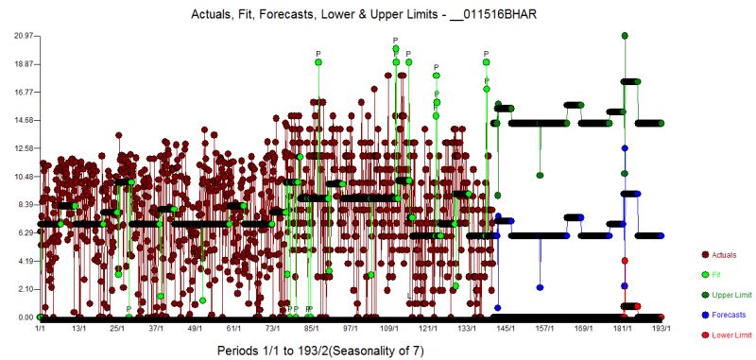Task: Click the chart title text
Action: (x=377, y=13)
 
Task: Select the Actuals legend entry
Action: (x=723, y=255)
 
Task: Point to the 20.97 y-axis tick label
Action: (x=24, y=36)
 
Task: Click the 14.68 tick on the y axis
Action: (x=24, y=120)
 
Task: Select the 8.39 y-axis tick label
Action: (x=24, y=205)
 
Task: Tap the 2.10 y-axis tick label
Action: (x=24, y=289)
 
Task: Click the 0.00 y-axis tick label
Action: (x=24, y=317)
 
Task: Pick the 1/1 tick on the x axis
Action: (x=40, y=329)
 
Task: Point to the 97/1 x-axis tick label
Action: (x=350, y=329)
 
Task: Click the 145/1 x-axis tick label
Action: (x=506, y=329)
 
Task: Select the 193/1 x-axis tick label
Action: (x=661, y=329)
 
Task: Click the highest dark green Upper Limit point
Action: (x=626, y=36)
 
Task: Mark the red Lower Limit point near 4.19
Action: (x=625, y=261)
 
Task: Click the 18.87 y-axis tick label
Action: (x=24, y=64)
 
